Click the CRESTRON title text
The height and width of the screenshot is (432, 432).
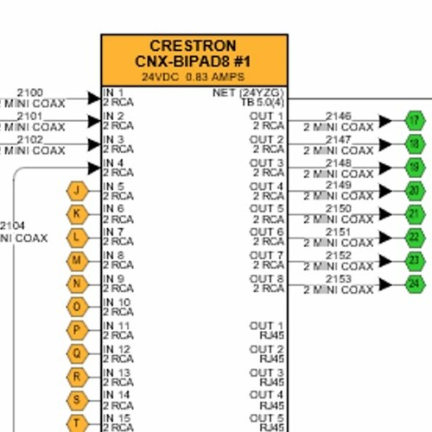[194, 46]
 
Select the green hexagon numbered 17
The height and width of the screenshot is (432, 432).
[416, 120]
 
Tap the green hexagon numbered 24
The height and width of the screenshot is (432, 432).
[416, 283]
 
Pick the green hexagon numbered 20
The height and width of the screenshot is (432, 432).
[416, 190]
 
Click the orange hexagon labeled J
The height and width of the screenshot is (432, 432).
[78, 190]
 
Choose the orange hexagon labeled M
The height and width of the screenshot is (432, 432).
[78, 260]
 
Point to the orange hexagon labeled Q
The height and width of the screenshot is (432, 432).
[78, 353]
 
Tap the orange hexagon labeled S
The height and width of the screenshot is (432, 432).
[78, 400]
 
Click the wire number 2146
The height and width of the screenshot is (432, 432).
[339, 115]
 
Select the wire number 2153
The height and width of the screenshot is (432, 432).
[339, 278]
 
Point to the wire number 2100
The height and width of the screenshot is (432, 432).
[29, 92]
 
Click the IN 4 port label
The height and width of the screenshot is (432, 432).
[114, 162]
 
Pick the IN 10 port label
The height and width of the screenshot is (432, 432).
[117, 302]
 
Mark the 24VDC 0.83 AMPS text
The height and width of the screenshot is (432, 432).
[194, 76]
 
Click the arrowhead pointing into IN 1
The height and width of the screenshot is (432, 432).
[94, 98]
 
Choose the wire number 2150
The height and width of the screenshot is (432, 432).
[339, 208]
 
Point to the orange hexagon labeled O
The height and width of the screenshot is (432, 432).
[78, 307]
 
